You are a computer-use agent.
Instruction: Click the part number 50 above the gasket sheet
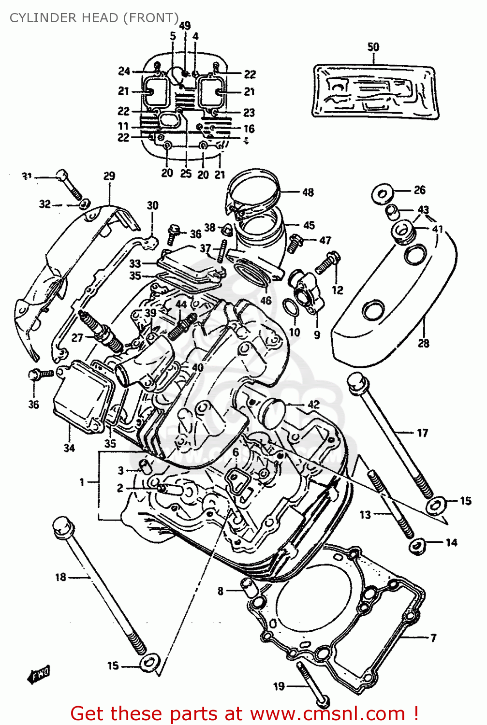(x=373, y=47)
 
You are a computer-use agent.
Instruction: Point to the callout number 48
(x=308, y=192)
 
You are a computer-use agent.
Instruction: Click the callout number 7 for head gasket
(x=433, y=638)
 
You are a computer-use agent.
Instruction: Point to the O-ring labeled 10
(x=289, y=308)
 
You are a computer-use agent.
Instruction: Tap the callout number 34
(x=69, y=448)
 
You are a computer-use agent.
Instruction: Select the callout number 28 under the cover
(x=423, y=343)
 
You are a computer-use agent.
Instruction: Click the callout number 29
(x=109, y=176)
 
